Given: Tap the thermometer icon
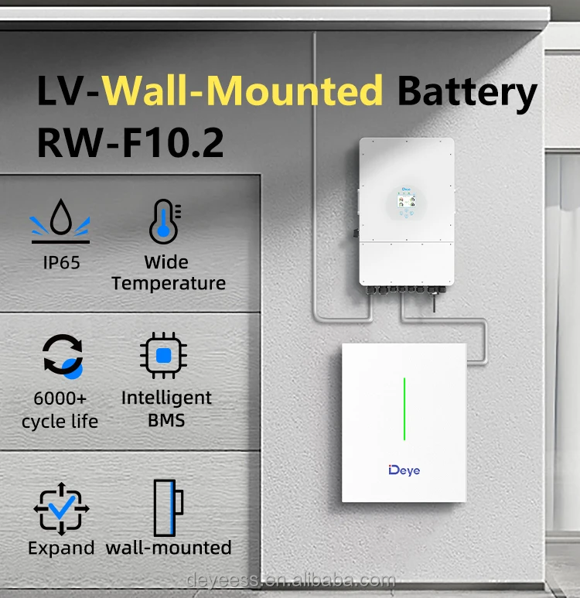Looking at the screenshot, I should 164,220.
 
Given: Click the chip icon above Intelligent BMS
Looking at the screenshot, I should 164,357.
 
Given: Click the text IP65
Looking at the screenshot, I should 61,262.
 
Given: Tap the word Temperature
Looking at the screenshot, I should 169,283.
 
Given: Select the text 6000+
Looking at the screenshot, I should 60,399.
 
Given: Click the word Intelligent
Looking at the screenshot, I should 166,398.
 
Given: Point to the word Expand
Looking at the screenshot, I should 61,548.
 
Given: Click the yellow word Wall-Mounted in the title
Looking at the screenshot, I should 244,92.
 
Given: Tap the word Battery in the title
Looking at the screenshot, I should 467,92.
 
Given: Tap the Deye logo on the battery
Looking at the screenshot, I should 404,470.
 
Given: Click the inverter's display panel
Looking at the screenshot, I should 407,204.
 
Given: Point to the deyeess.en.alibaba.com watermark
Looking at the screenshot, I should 290,581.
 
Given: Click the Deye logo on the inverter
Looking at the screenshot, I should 407,188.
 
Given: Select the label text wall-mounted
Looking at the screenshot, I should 169,548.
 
